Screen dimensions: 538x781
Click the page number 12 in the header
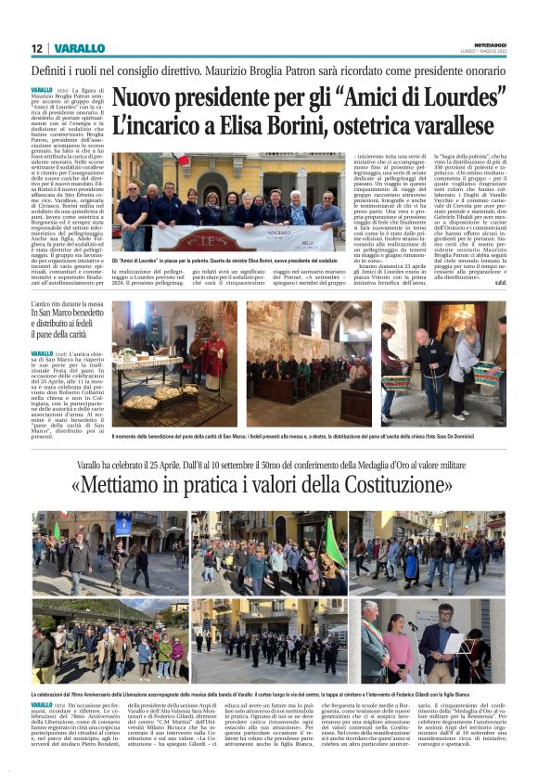[37, 48]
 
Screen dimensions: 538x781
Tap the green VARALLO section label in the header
[79, 48]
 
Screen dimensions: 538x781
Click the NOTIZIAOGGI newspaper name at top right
[489, 45]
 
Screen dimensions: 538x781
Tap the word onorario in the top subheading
[483, 70]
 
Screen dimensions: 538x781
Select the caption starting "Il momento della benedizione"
[306, 436]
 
